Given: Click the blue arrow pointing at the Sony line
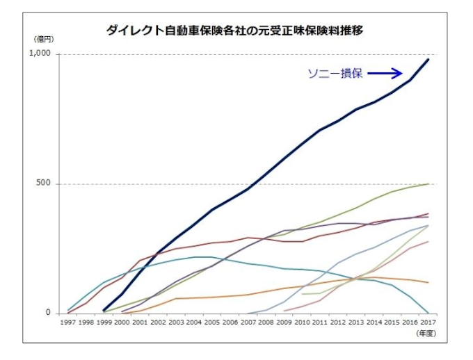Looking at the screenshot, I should (x=385, y=73).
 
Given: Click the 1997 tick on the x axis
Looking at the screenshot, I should (x=67, y=322).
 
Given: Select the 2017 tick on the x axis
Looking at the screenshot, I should (x=428, y=322).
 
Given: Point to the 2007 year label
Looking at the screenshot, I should (x=248, y=322).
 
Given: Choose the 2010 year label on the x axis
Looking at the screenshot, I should (x=302, y=322).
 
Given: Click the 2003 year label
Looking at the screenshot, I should (x=176, y=322).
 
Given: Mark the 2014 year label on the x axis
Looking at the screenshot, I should (x=374, y=322).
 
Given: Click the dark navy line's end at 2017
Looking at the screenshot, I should (x=428, y=60).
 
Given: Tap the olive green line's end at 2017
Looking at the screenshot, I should (x=428, y=183).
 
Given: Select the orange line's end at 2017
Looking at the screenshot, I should (x=428, y=282).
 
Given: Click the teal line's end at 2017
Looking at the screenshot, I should (x=428, y=313).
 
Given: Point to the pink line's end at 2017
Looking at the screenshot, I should (x=428, y=241).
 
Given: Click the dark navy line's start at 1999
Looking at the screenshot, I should (x=104, y=311).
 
